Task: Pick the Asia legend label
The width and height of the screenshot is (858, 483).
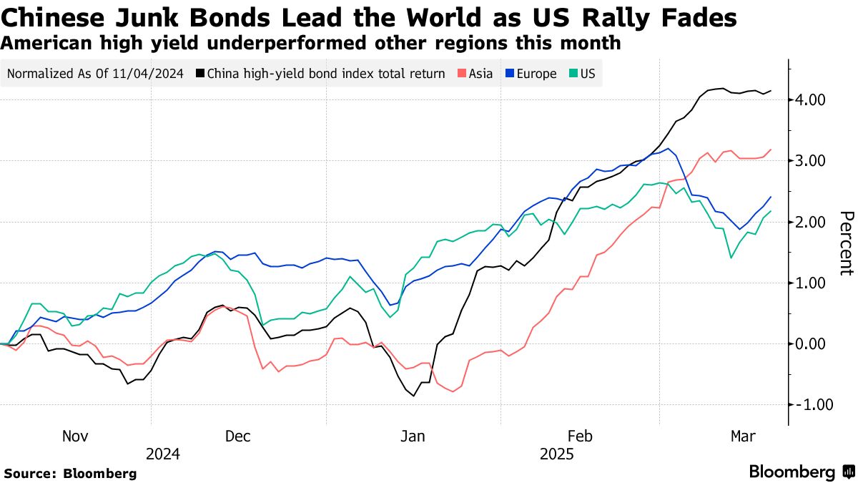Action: tap(479, 74)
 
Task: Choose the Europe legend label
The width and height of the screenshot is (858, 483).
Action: tap(536, 74)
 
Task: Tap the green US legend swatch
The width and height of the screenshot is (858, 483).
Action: tap(573, 74)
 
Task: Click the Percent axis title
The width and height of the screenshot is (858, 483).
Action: tap(846, 243)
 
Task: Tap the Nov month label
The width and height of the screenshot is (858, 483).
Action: tap(75, 436)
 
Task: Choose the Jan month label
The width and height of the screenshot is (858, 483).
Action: tap(413, 436)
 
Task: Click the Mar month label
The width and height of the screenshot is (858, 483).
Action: tap(744, 436)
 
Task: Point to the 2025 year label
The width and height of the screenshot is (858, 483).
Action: tap(556, 454)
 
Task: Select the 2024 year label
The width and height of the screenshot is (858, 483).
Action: tap(163, 454)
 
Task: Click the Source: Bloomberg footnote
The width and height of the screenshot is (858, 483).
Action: tap(70, 473)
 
